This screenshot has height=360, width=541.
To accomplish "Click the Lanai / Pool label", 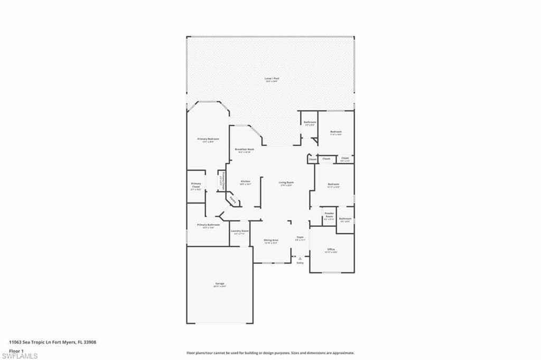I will point(272,79).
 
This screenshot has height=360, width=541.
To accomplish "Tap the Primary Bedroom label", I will point(208,139).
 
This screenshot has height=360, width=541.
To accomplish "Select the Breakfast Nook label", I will point(245,150).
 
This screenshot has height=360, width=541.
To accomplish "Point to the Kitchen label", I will point(245,181).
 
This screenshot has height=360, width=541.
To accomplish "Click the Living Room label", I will point(286,183).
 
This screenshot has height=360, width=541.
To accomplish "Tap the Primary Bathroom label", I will point(208,225).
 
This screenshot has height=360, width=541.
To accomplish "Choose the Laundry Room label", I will point(239,231).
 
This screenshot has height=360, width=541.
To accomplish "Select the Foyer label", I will point(300,237).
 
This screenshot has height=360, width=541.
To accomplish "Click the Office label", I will point(331,250).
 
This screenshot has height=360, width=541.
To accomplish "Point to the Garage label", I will point(220,284).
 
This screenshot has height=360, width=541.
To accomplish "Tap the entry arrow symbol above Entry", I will point(300,258).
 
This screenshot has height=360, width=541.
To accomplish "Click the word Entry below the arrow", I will point(300,263).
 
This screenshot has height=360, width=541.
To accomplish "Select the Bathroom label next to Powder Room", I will point(346,219).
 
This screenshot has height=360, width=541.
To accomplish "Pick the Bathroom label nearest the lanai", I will point(310,123).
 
